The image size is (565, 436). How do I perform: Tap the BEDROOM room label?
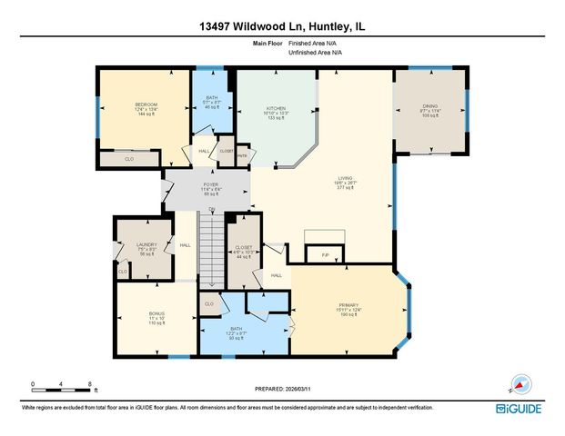pyautogui.click(x=146, y=105)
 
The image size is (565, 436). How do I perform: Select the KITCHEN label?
pyautogui.click(x=276, y=107)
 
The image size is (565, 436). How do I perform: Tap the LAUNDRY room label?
pyautogui.click(x=146, y=245)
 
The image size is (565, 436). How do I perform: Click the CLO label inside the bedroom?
pyautogui.click(x=129, y=160)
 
